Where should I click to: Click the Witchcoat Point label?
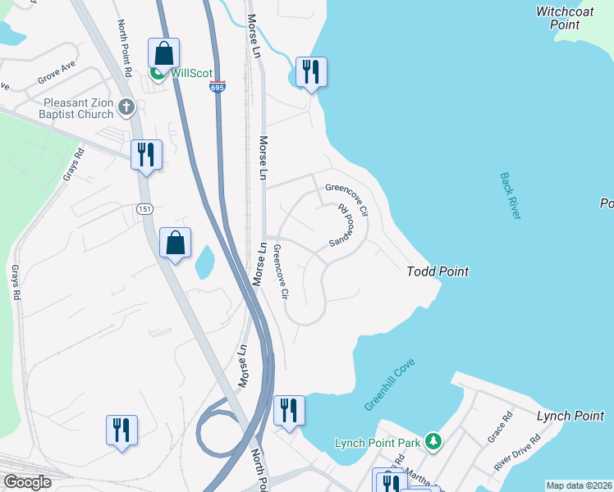pyautogui.click(x=569, y=18)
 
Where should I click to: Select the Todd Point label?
pyautogui.click(x=438, y=271)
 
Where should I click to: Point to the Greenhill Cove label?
pyautogui.click(x=389, y=385)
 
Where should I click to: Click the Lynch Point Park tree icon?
pyautogui.click(x=433, y=443)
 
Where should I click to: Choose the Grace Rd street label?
pyautogui.click(x=499, y=427)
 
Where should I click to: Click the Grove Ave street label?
pyautogui.click(x=57, y=76)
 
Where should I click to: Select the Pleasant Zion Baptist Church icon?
pyautogui.click(x=126, y=106)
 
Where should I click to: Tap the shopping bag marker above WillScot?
pyautogui.click(x=163, y=53)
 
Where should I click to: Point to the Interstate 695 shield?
pyautogui.click(x=217, y=86)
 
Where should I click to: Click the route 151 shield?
pyautogui.click(x=144, y=209)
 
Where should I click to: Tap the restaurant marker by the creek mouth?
pyautogui.click(x=311, y=72)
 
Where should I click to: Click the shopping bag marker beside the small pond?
pyautogui.click(x=175, y=243)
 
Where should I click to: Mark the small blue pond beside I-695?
pyautogui.click(x=204, y=262)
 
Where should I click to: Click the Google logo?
pyautogui.click(x=27, y=482)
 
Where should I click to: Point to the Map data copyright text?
pyautogui.click(x=579, y=485)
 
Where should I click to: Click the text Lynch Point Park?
pyautogui.click(x=378, y=444)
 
